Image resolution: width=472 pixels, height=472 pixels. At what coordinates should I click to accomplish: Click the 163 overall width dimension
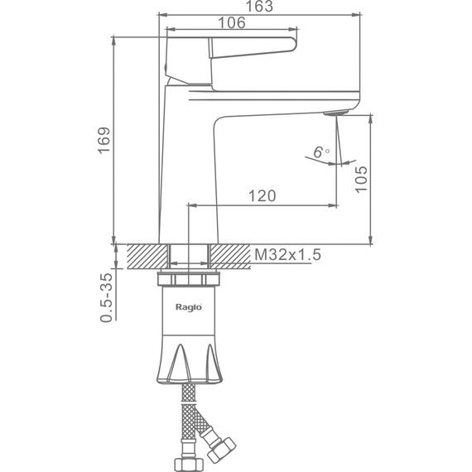tap(259, 6)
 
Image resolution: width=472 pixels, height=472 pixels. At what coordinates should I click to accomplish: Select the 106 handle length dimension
tap(232, 22)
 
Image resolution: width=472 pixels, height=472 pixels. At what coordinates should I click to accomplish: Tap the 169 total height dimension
tap(104, 141)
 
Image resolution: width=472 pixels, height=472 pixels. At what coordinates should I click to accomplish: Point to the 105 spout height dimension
tap(361, 179)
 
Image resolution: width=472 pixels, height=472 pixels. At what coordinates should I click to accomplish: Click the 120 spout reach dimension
tap(262, 196)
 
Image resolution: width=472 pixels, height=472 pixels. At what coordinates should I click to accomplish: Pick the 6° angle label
tap(321, 152)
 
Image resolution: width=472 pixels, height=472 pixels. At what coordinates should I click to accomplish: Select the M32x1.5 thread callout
tap(288, 255)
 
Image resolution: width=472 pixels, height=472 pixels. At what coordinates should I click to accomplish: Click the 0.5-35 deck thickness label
tap(107, 298)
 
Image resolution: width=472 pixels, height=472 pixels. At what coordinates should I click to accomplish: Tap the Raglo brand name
tap(189, 307)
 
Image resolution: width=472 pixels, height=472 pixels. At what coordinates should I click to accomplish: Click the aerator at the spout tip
tap(335, 113)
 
